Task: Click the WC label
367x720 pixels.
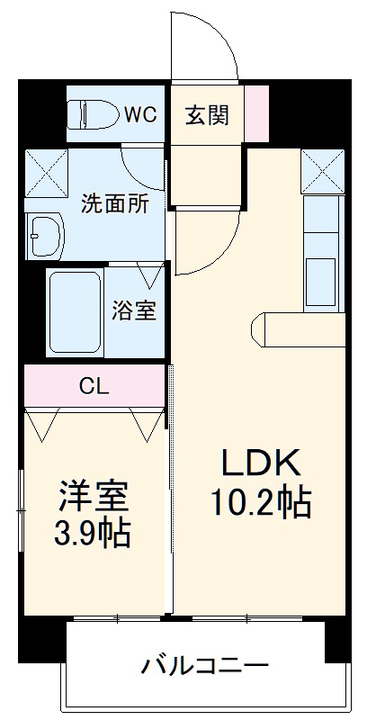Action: [140, 114]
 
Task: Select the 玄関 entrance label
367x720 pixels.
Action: [207, 115]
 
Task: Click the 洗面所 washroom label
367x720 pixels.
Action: [114, 203]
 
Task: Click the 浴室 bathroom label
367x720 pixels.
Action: [134, 311]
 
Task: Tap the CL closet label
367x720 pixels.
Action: [94, 387]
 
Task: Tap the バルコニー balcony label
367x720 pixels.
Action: [204, 667]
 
